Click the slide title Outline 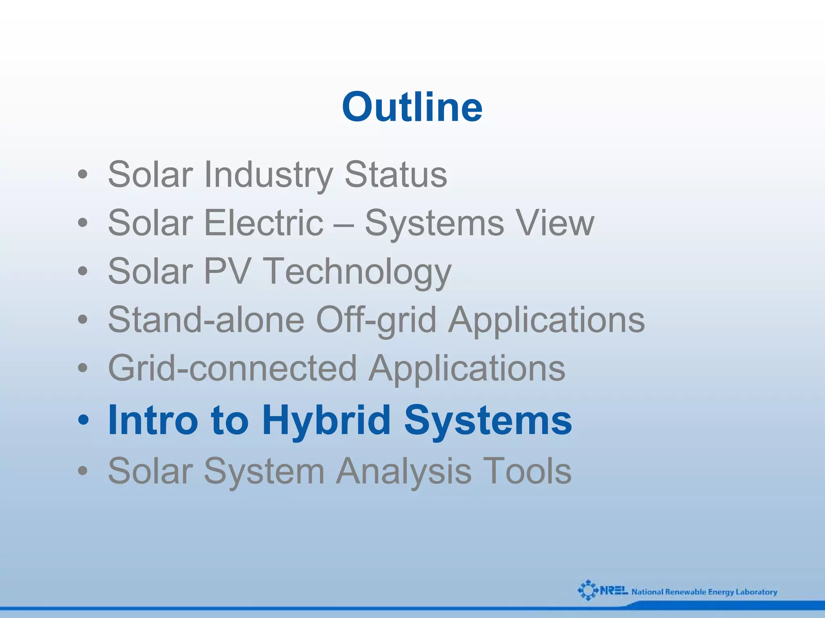(412, 107)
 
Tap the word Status (396, 174)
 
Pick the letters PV (228, 271)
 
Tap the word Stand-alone (206, 319)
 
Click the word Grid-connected (232, 368)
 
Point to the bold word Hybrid (326, 421)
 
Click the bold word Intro (153, 420)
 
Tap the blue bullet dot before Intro (83, 421)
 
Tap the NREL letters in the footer (614, 591)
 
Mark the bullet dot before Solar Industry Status (83, 175)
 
